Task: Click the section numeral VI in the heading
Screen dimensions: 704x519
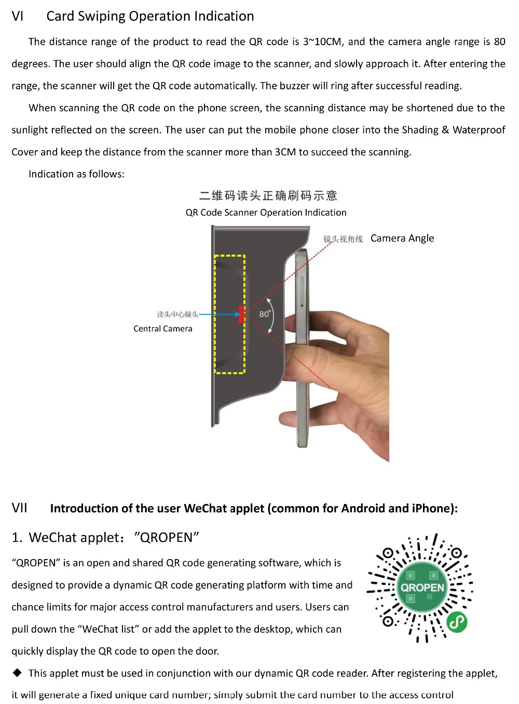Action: coord(18,17)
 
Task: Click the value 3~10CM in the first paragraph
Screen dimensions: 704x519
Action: coord(322,42)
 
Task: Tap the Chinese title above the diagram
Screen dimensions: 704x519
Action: coord(268,196)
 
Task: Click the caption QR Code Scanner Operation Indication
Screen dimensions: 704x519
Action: coord(266,212)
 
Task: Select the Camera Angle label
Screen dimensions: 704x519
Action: coord(402,238)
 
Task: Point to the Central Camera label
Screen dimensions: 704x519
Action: coord(162,329)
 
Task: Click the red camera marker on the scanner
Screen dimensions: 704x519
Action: coord(241,314)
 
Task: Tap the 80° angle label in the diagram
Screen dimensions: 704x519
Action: coord(265,314)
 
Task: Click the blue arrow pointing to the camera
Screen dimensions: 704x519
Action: coord(218,314)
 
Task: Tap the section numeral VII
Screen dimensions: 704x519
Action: coord(20,508)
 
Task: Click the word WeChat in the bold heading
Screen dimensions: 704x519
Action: coord(203,509)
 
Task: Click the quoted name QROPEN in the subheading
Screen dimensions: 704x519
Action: coord(166,538)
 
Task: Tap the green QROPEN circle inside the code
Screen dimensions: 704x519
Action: coord(422,588)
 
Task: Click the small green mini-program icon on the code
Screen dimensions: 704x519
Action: coord(457,622)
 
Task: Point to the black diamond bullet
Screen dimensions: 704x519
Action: coord(18,673)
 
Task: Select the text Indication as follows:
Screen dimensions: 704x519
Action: coord(76,175)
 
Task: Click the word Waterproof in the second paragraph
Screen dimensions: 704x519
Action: coord(479,130)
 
